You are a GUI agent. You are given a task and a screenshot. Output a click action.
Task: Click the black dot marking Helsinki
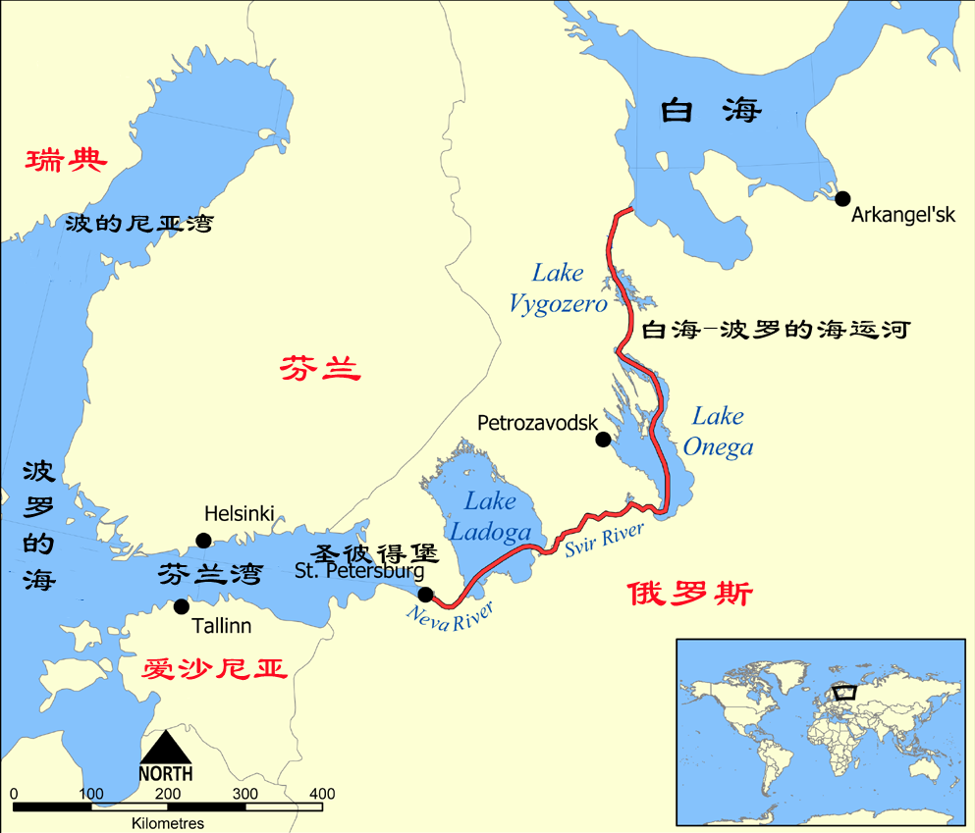pos(203,540)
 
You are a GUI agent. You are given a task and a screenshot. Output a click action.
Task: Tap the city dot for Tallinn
pos(181,606)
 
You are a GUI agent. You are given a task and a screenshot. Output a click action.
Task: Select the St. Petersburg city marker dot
pos(425,594)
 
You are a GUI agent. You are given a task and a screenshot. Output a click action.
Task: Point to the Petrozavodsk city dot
pos(603,439)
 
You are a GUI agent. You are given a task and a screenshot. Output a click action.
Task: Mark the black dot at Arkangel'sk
pos(841,197)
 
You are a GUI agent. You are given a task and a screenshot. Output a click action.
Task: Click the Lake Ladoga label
pos(490,516)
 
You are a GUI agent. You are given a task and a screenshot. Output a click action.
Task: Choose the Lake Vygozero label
pos(558,288)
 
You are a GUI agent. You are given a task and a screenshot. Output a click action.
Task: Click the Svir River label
pos(604,541)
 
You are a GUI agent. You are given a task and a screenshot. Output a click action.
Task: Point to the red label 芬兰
pos(320,369)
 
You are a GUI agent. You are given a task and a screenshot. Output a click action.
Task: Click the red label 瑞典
pos(66,160)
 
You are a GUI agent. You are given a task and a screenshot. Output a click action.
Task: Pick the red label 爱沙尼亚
pos(214,669)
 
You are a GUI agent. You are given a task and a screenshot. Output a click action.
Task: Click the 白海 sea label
pos(710,110)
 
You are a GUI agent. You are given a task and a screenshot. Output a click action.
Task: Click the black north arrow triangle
pos(165,747)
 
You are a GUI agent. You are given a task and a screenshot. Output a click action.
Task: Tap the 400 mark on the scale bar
pos(322,793)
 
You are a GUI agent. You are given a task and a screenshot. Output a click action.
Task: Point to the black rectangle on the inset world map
pos(843,691)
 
